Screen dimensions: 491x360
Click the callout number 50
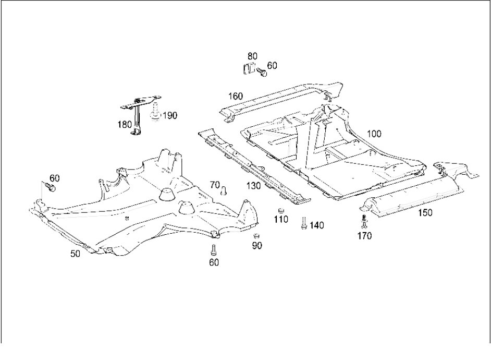(x=75, y=254)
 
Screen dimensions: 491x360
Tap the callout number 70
(x=215, y=185)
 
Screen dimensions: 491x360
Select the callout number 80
(x=252, y=56)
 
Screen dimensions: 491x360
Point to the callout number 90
(x=257, y=246)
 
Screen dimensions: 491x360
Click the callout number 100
(x=374, y=134)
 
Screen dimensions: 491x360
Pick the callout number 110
(x=281, y=219)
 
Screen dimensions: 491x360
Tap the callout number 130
(x=253, y=186)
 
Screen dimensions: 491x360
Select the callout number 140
(x=316, y=225)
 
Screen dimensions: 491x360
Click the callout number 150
(x=425, y=213)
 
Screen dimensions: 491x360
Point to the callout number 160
(x=236, y=96)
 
